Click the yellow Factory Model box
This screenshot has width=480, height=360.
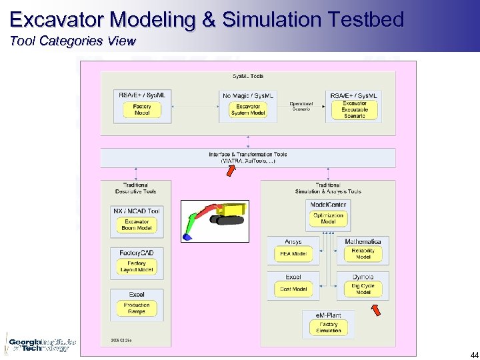(142, 110)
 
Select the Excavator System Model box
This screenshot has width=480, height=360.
(248, 110)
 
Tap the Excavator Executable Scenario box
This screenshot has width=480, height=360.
(354, 110)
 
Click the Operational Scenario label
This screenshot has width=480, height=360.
(301, 106)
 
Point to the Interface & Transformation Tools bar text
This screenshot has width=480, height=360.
(248, 157)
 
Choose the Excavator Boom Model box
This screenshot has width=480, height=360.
(137, 225)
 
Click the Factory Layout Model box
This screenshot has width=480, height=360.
(137, 267)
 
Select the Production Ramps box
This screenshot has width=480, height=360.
(137, 308)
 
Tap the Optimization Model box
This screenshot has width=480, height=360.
(328, 219)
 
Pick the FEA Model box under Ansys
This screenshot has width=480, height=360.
(293, 254)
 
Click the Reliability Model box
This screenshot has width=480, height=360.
(363, 254)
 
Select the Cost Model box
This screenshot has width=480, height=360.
(293, 289)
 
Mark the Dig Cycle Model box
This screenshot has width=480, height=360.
(363, 289)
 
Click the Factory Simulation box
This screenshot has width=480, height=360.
(328, 327)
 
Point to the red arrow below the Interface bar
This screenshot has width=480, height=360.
(230, 171)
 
